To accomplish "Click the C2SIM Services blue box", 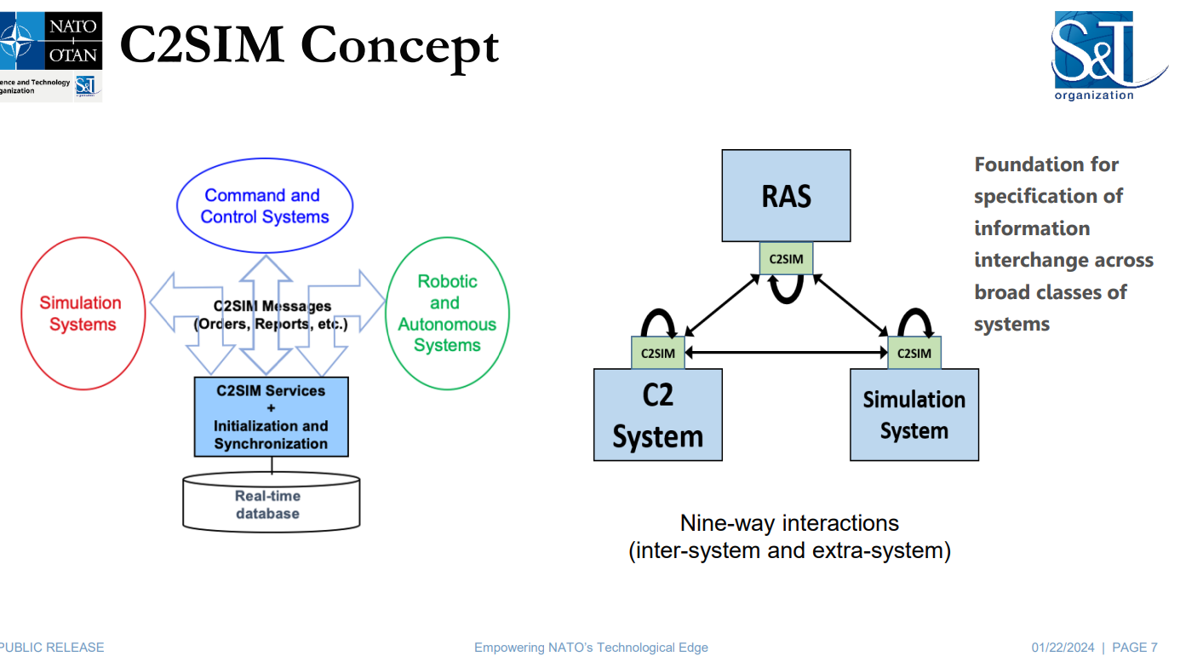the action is pyautogui.click(x=272, y=417).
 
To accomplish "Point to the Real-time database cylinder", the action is pyautogui.click(x=272, y=502).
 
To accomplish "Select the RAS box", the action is pyautogui.click(x=786, y=196).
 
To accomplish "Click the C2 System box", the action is pyautogui.click(x=658, y=415).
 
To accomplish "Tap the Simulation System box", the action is pyautogui.click(x=914, y=415).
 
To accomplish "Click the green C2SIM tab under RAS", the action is pyautogui.click(x=786, y=258).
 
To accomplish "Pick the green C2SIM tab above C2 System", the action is pyautogui.click(x=658, y=353).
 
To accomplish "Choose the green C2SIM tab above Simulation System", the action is pyautogui.click(x=914, y=353).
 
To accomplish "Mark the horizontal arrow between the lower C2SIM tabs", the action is pyautogui.click(x=787, y=352).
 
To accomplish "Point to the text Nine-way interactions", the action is pyautogui.click(x=789, y=523).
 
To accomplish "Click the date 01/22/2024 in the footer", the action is pyautogui.click(x=1063, y=648).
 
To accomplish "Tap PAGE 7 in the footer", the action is pyautogui.click(x=1135, y=648).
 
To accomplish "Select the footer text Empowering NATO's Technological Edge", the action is pyautogui.click(x=591, y=648).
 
